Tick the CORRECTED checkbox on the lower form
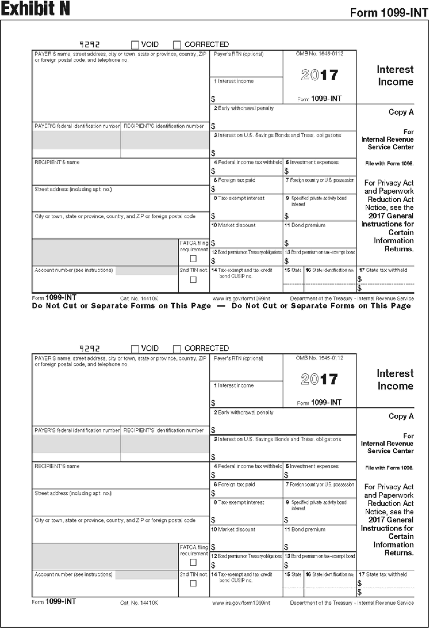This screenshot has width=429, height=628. coord(177,349)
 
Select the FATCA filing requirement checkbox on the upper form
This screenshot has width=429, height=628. coord(193,259)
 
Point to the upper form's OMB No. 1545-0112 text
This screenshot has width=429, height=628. coord(319,54)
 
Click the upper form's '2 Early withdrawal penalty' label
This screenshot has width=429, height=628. coord(244,108)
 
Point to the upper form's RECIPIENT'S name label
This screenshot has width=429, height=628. coord(57,162)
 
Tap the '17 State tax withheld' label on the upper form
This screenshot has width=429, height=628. coord(383,270)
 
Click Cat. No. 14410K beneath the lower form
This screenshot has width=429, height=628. coord(139,603)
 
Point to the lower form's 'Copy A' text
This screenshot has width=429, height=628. coord(401,416)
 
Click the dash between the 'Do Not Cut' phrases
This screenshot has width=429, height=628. coord(221,306)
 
